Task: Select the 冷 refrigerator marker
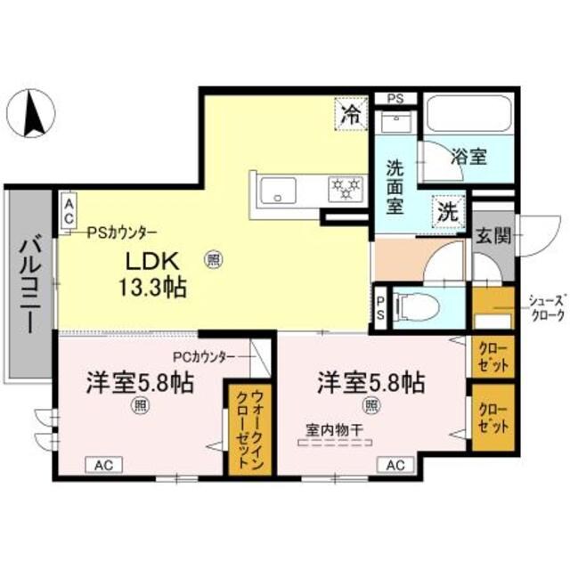[353, 113]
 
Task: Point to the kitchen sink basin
[280, 189]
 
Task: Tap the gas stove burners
[344, 188]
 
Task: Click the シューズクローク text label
[539, 308]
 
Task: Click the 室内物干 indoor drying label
[326, 428]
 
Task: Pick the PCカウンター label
[204, 356]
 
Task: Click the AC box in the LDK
[68, 212]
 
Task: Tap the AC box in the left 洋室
[104, 465]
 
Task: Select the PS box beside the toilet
[380, 307]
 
